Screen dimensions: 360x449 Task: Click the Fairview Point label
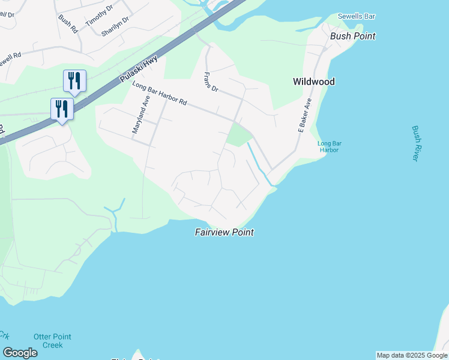point(224,232)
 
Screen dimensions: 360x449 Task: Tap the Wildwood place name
point(313,82)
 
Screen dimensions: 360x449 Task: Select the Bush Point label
point(353,36)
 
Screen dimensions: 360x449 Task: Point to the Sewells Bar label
point(357,16)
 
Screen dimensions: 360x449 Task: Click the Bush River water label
point(415,143)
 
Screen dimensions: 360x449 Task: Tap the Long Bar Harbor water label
point(328,146)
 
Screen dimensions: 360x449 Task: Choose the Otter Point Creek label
point(48,341)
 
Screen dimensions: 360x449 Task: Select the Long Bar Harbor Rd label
point(160,94)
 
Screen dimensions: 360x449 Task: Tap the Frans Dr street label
point(211,82)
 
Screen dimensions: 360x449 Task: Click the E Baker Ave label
point(306,115)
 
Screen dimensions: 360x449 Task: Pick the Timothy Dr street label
point(99,16)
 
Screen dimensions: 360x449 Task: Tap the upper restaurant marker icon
point(74,80)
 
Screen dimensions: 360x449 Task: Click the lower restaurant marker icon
point(62,109)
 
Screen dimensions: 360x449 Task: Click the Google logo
point(20,353)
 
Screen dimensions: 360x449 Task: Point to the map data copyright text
point(412,355)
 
